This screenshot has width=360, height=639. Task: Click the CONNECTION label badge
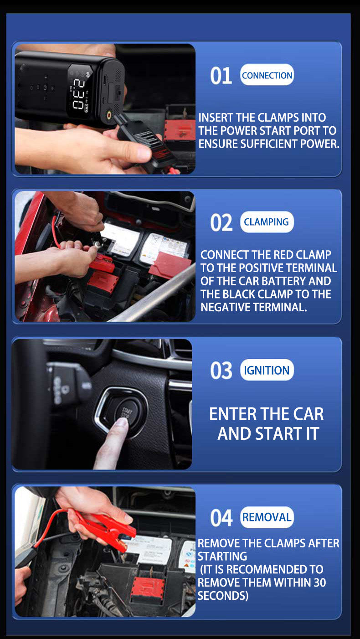click(267, 75)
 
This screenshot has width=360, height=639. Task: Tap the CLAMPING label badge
click(267, 222)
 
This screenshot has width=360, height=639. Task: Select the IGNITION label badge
click(267, 370)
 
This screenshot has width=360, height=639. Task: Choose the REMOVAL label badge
click(267, 517)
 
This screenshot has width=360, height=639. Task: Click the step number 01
click(221, 76)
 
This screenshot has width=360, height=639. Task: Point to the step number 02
click(221, 223)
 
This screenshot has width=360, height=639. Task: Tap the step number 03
click(221, 371)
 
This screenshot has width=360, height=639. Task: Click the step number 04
click(221, 518)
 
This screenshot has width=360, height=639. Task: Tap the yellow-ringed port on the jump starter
click(109, 115)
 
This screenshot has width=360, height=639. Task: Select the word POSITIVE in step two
click(261, 268)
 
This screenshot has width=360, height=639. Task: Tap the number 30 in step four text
click(319, 582)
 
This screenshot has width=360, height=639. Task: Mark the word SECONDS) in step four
click(223, 596)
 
